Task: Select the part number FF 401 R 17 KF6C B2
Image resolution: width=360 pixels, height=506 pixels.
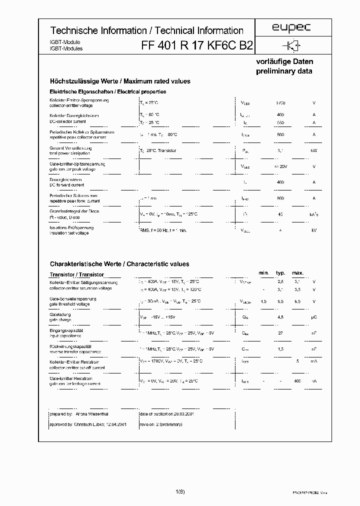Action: (x=197, y=45)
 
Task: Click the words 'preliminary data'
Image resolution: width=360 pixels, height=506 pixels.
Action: (x=284, y=71)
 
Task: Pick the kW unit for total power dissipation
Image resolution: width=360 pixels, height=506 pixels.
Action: (x=313, y=150)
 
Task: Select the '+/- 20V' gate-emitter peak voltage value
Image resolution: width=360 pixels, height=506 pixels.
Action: (x=280, y=166)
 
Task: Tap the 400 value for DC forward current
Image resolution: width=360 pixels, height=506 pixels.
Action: (x=280, y=182)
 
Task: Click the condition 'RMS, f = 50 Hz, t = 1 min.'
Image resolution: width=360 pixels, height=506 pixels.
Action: (x=163, y=230)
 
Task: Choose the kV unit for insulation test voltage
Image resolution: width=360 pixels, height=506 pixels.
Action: (x=313, y=230)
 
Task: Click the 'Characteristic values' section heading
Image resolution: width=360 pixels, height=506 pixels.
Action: (x=156, y=264)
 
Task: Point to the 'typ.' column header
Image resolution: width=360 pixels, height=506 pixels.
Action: (x=280, y=273)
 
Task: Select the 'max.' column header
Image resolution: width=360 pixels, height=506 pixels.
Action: (x=297, y=273)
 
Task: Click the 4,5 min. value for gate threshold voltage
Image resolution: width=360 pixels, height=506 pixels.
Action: (x=263, y=301)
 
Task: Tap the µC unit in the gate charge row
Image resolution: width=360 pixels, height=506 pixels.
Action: (x=313, y=317)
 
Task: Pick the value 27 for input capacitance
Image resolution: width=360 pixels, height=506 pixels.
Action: (x=280, y=333)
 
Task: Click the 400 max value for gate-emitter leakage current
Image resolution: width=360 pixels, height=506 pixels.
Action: (x=297, y=381)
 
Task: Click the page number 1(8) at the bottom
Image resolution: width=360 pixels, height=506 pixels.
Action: (x=180, y=492)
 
